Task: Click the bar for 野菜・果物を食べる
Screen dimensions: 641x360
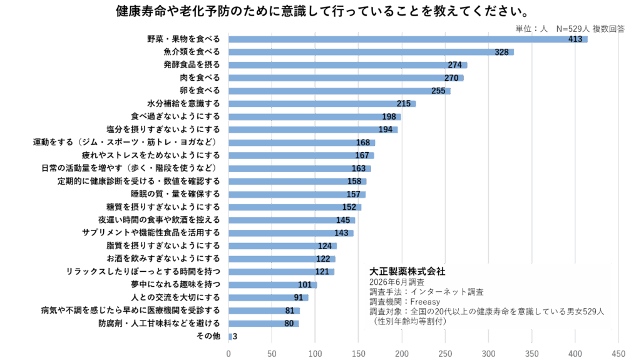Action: pyautogui.click(x=408, y=39)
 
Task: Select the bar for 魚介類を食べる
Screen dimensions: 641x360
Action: pyautogui.click(x=371, y=52)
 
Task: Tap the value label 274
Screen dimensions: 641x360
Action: pyautogui.click(x=454, y=65)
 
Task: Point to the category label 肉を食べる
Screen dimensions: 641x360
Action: pyautogui.click(x=200, y=77)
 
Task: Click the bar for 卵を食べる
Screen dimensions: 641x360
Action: pyautogui.click(x=339, y=91)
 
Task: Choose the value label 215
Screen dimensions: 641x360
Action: pyautogui.click(x=404, y=103)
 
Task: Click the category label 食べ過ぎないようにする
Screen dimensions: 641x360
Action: pyautogui.click(x=175, y=116)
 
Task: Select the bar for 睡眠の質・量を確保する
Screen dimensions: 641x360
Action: pyautogui.click(x=297, y=194)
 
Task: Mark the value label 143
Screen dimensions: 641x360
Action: pyautogui.click(x=341, y=233)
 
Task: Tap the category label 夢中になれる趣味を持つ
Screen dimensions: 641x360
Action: pyautogui.click(x=175, y=284)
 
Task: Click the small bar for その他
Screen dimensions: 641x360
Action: pyautogui.click(x=230, y=337)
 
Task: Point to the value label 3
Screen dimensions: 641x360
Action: pyautogui.click(x=235, y=337)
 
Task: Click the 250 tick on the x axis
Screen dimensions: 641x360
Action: pyautogui.click(x=445, y=354)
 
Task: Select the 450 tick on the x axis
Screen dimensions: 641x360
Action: pyautogui.click(x=618, y=354)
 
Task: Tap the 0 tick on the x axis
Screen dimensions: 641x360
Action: pyautogui.click(x=228, y=354)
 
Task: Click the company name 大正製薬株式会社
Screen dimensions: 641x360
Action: pyautogui.click(x=407, y=271)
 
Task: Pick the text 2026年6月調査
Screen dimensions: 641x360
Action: pyautogui.click(x=396, y=282)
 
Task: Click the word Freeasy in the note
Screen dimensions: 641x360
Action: pyautogui.click(x=425, y=302)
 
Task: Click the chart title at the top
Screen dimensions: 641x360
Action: pyautogui.click(x=322, y=11)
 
